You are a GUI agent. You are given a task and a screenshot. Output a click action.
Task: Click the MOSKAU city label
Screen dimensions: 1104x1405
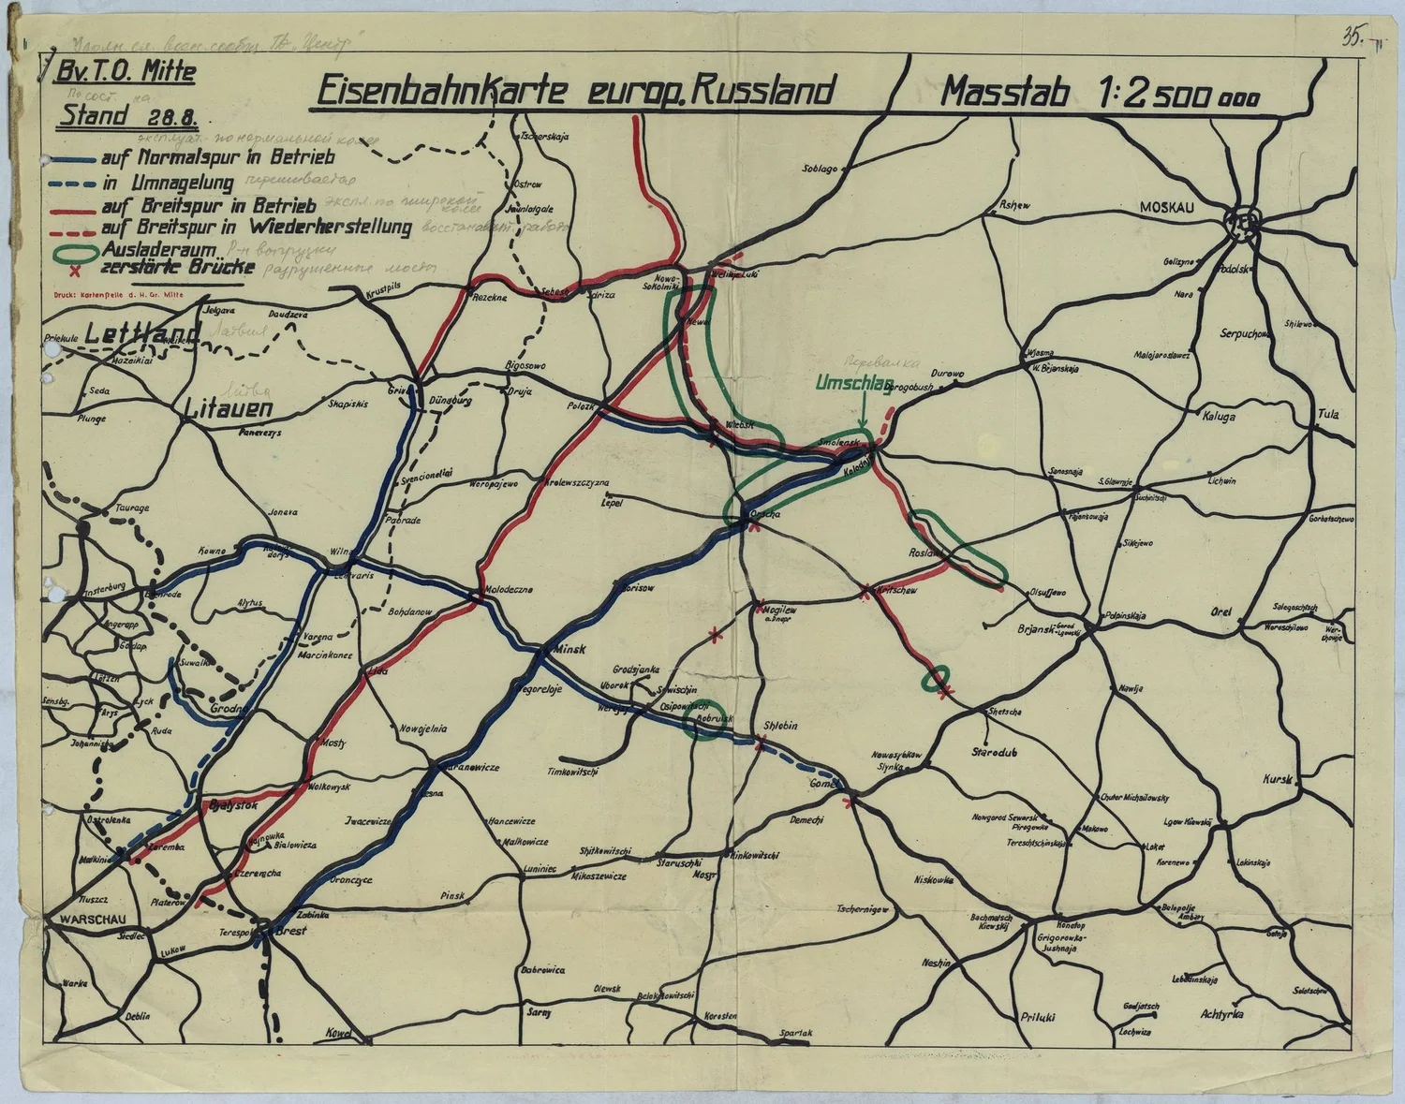(x=1166, y=207)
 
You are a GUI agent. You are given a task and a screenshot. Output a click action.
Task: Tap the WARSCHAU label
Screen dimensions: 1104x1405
(x=86, y=920)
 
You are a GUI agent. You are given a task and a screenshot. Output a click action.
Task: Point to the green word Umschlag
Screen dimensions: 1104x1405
(x=851, y=383)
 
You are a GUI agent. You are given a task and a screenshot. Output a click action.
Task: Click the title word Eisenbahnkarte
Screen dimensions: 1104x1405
(x=440, y=92)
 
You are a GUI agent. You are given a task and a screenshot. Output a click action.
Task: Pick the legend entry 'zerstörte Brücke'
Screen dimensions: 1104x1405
(x=177, y=267)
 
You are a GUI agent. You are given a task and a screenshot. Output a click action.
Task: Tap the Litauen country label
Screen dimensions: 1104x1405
(x=229, y=408)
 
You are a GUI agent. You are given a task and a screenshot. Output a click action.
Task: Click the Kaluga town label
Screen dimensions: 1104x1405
(x=1219, y=417)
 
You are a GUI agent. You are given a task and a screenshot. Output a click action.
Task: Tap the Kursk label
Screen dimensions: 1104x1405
(x=1277, y=779)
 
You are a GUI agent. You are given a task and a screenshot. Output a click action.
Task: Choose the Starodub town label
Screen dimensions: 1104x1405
(x=995, y=751)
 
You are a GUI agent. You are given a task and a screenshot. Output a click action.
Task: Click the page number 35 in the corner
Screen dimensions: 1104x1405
(x=1352, y=37)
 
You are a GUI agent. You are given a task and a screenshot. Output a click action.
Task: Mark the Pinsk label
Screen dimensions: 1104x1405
(x=452, y=895)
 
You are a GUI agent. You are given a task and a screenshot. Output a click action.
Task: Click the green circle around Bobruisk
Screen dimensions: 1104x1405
(x=704, y=720)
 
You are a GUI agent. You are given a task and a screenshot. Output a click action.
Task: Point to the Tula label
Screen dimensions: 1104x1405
(x=1328, y=414)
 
